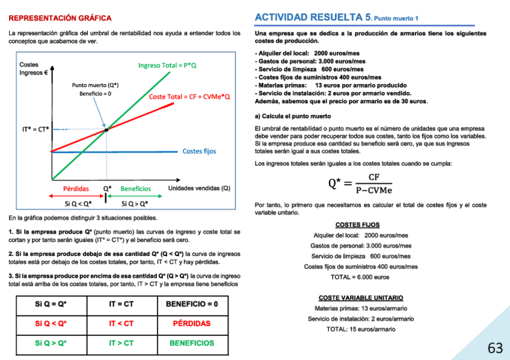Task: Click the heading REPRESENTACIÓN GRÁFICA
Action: (60, 19)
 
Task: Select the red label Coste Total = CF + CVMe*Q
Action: (189, 96)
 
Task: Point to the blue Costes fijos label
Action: (199, 151)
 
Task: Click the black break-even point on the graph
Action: (106, 129)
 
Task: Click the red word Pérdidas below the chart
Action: (76, 188)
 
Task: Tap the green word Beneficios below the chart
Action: (135, 188)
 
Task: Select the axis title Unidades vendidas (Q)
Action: (198, 188)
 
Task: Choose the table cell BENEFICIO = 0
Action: (192, 304)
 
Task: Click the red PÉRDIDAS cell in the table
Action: (192, 323)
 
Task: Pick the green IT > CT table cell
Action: (121, 343)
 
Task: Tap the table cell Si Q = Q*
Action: (51, 304)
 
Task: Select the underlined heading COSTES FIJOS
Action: (361, 225)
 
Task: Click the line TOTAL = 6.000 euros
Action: (360, 277)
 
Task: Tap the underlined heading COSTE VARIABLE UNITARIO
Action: (361, 298)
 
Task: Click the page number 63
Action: (495, 348)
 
